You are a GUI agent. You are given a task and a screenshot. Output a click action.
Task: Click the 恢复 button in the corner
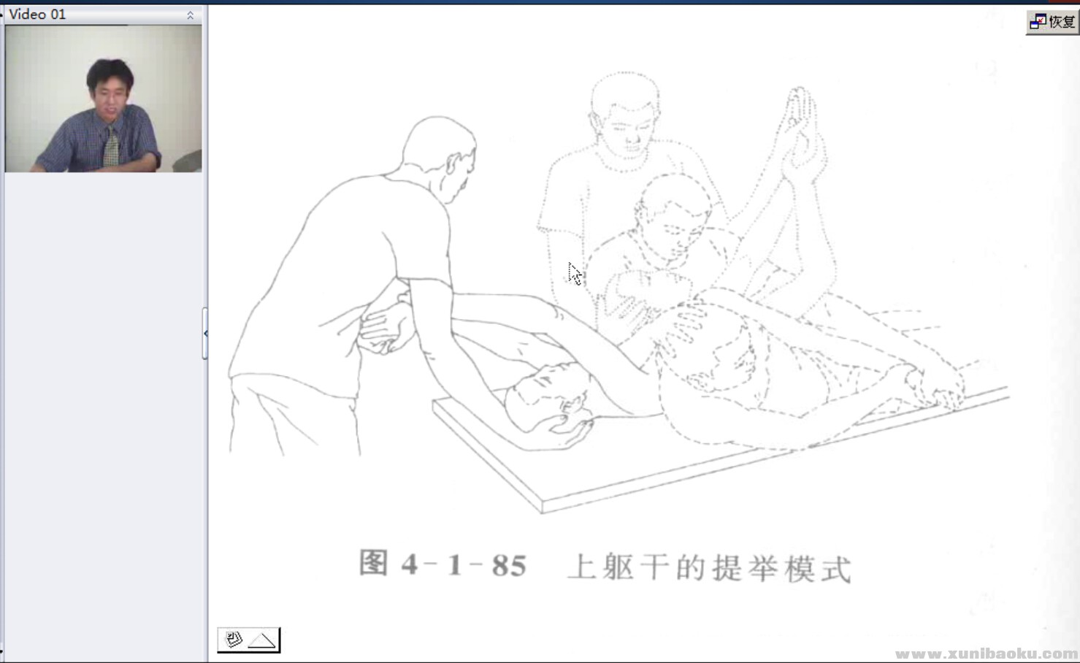pyautogui.click(x=1052, y=22)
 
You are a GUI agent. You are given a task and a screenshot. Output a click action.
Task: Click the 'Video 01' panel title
pyautogui.click(x=37, y=14)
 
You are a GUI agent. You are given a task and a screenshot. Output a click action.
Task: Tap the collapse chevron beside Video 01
pyautogui.click(x=190, y=15)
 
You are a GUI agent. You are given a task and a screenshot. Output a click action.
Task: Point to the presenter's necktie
pyautogui.click(x=110, y=148)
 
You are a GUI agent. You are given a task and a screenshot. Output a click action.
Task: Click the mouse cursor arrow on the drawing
pyautogui.click(x=575, y=274)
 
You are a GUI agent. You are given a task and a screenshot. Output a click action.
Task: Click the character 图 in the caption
pyautogui.click(x=374, y=564)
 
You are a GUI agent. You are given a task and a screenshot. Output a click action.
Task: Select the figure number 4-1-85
pyautogui.click(x=464, y=565)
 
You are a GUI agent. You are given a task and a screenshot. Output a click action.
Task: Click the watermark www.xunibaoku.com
pyautogui.click(x=986, y=654)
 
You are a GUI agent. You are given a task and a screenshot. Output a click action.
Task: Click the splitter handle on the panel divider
pyautogui.click(x=205, y=333)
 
